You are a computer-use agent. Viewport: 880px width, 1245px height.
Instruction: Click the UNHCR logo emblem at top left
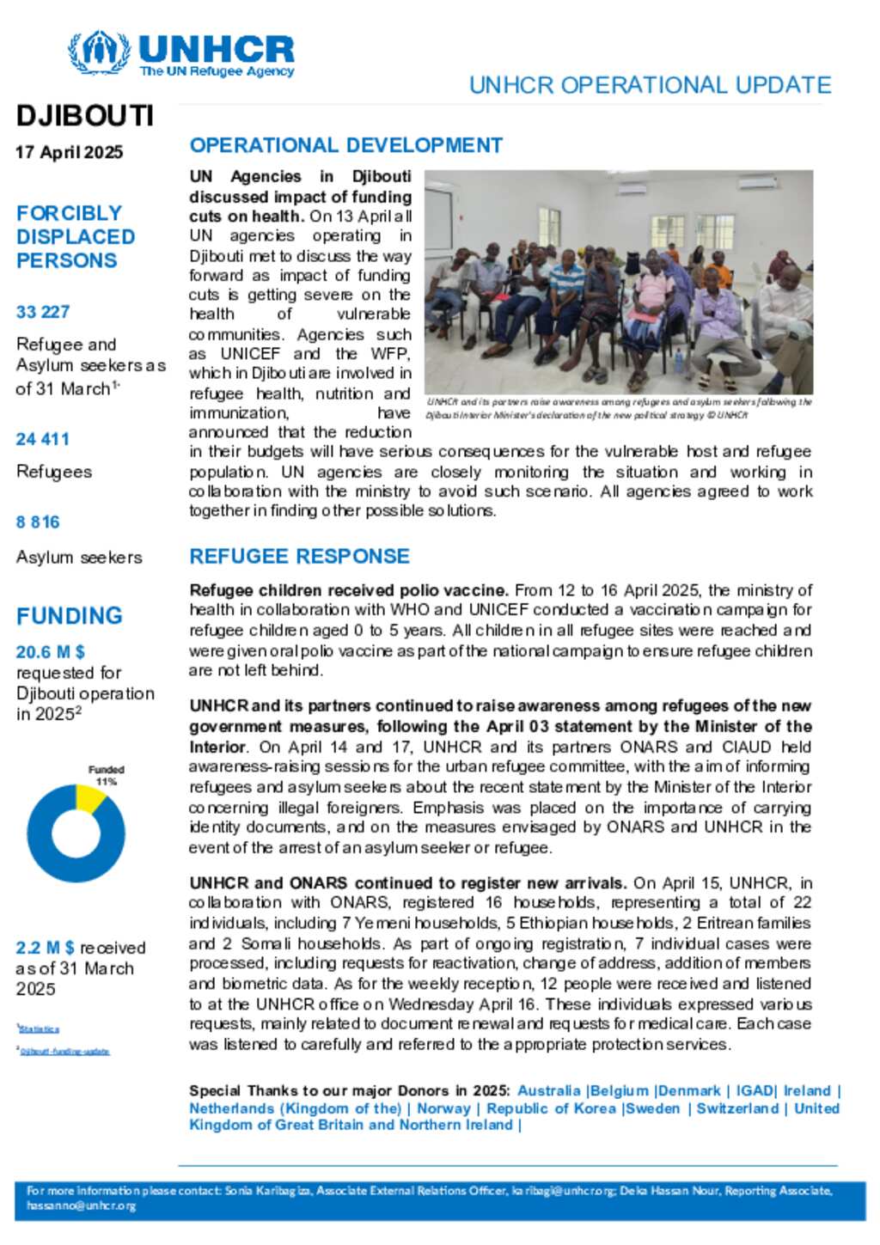[x=99, y=53]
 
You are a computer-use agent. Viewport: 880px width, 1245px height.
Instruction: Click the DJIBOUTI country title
[x=84, y=116]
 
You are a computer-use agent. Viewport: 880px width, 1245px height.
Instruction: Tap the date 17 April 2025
[x=69, y=152]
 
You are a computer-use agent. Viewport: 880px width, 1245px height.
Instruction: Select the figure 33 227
[x=43, y=312]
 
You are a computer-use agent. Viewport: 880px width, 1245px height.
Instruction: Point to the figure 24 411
[x=43, y=439]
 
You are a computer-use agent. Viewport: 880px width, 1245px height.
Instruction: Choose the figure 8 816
[x=38, y=522]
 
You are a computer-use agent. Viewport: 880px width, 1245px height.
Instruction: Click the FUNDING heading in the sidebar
[x=70, y=616]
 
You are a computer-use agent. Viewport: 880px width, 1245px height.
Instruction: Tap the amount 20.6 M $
[x=51, y=652]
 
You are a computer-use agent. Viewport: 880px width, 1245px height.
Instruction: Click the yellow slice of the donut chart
[x=90, y=797]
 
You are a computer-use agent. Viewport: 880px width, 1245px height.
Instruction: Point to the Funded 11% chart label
[x=106, y=775]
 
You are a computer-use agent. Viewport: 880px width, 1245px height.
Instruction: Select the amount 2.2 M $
[x=45, y=948]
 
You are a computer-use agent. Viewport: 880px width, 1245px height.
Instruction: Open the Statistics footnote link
[x=40, y=1028]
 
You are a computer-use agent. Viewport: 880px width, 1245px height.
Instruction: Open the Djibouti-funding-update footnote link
[x=65, y=1051]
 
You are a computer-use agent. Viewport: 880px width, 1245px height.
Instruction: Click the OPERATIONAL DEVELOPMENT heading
[x=346, y=145]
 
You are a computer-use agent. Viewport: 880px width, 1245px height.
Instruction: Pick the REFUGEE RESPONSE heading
[x=300, y=557]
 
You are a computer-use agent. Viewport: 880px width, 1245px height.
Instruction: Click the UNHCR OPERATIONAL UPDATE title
[x=650, y=85]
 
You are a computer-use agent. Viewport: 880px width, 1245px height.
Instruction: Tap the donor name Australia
[x=549, y=1090]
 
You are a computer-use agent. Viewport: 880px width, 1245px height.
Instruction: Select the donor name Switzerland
[x=737, y=1108]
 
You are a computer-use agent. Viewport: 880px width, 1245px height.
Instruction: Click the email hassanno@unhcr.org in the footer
[x=82, y=1205]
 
